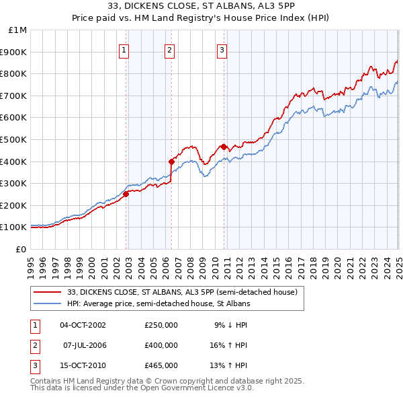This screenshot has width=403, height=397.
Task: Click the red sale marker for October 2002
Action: click(126, 194)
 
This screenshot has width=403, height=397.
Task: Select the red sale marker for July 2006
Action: click(171, 161)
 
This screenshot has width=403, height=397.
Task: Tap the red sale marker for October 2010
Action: click(223, 147)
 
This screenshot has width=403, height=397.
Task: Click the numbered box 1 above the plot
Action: click(125, 49)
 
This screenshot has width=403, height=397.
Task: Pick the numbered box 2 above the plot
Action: click(170, 49)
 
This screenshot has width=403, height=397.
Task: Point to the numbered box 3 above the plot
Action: click(222, 49)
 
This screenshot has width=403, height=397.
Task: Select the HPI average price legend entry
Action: click(159, 303)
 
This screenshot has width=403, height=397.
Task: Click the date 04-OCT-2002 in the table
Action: click(83, 325)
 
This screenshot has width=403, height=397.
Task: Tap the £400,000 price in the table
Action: click(161, 345)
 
